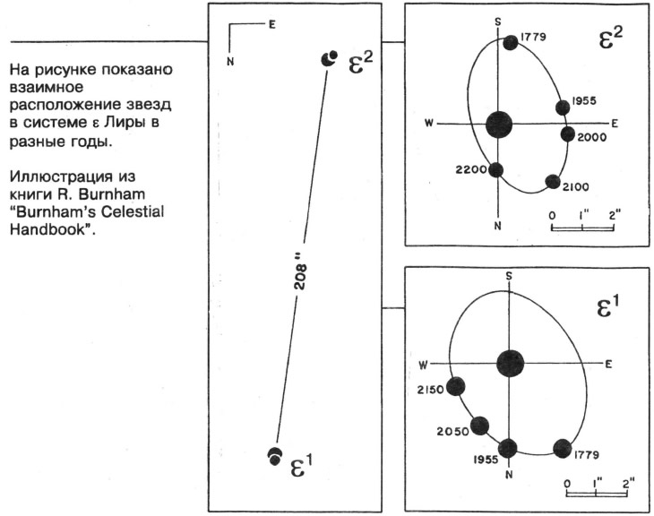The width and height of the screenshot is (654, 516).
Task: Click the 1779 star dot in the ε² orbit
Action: click(511, 42)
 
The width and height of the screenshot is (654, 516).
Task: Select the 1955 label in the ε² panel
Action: click(584, 100)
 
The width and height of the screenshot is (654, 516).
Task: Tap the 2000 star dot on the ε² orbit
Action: click(568, 133)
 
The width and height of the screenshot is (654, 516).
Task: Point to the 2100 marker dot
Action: click(553, 182)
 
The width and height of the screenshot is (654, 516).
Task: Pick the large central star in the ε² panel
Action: click(499, 125)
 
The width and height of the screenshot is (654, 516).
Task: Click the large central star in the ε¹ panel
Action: click(510, 363)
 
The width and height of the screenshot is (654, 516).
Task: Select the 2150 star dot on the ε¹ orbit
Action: click(455, 387)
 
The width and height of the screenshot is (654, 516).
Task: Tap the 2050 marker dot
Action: click(479, 426)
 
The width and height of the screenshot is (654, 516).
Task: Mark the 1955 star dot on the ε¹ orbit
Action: click(508, 449)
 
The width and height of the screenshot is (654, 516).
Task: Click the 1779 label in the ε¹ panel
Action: click(587, 455)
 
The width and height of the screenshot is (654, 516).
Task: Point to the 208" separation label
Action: click(300, 277)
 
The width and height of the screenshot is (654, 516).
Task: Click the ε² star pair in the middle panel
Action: click(329, 59)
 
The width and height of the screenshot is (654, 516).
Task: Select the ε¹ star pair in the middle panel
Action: click(274, 456)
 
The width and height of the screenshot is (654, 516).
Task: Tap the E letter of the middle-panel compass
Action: click(272, 24)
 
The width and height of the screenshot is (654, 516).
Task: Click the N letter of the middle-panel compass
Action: click(230, 61)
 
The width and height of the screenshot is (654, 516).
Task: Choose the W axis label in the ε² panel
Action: click(429, 124)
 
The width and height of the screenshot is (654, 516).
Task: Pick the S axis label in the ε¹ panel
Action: click(509, 276)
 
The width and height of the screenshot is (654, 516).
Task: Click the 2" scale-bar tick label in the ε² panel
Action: click(615, 215)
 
